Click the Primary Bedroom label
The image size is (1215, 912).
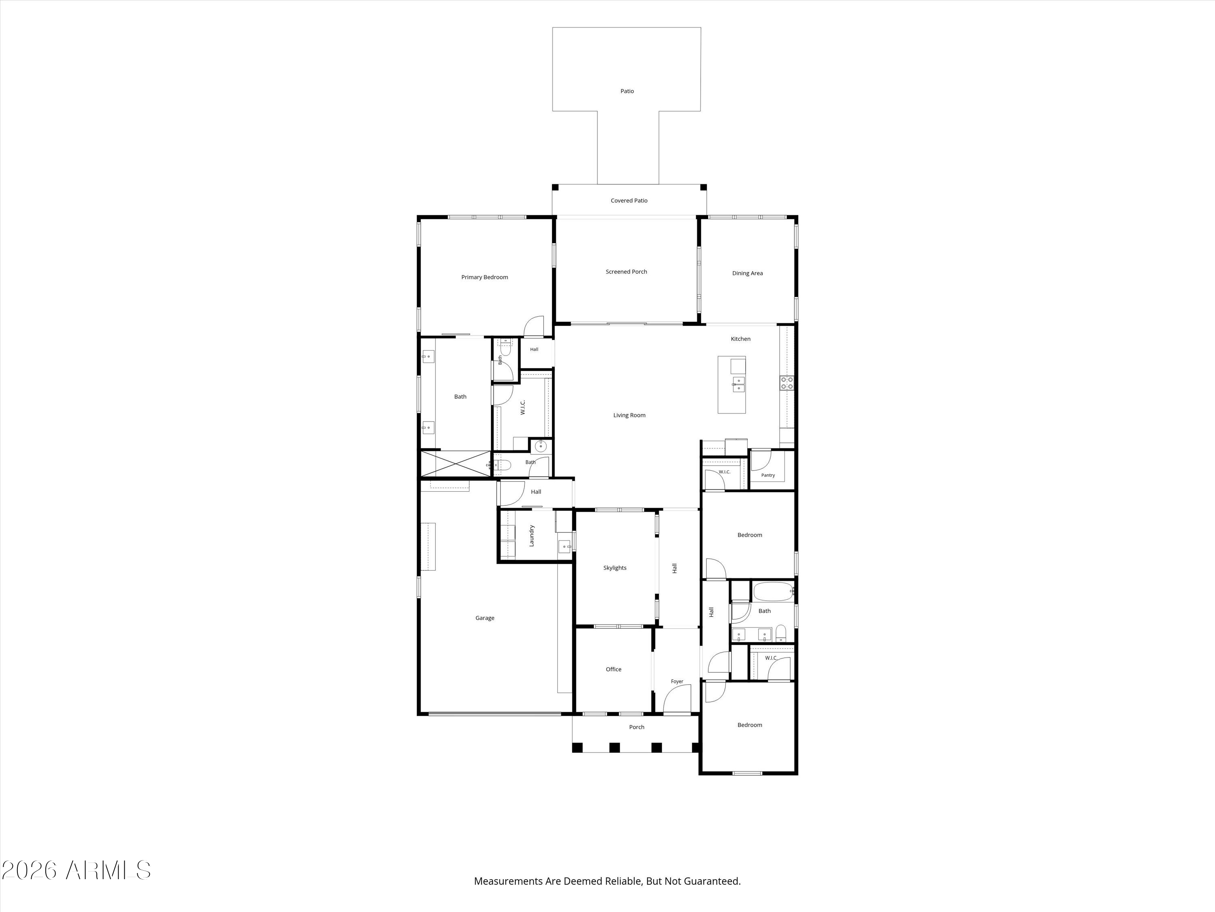[484, 277]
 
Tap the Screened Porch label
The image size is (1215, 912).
[626, 272]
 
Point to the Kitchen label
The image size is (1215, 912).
[740, 338]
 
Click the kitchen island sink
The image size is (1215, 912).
[739, 384]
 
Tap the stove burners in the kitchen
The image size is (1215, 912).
[787, 383]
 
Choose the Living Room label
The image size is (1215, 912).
[629, 415]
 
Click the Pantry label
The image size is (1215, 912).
[768, 475]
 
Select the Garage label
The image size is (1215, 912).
[484, 618]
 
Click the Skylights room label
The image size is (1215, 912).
[615, 568]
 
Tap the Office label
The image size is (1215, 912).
[614, 669]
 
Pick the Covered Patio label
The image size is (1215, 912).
[629, 201]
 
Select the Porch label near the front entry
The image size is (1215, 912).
[637, 727]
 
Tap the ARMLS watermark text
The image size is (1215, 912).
[77, 870]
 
